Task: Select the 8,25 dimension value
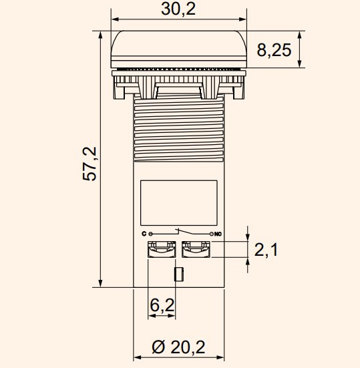(274, 51)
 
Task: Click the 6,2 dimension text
(162, 305)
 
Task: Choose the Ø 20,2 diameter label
(178, 347)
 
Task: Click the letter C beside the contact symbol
(144, 234)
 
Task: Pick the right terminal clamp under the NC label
(196, 249)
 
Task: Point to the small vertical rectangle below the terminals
(178, 274)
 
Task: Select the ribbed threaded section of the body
(178, 130)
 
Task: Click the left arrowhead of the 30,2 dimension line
(114, 20)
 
